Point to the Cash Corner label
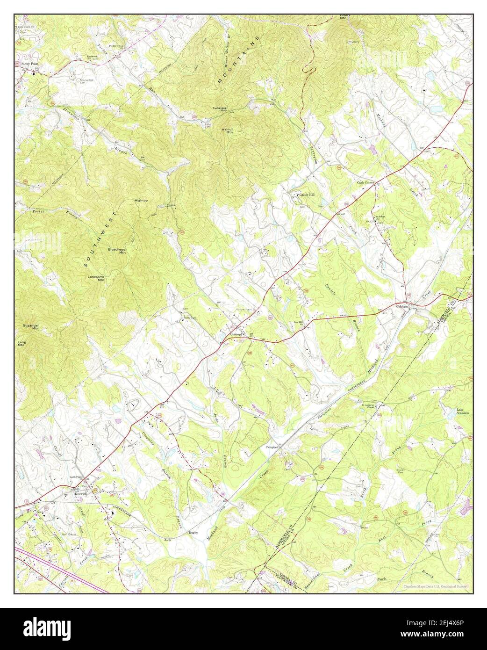pyautogui.click(x=366, y=182)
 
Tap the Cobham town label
pyautogui.click(x=402, y=306)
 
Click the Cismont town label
pyautogui.click(x=235, y=334)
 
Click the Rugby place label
pyautogui.click(x=193, y=532)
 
